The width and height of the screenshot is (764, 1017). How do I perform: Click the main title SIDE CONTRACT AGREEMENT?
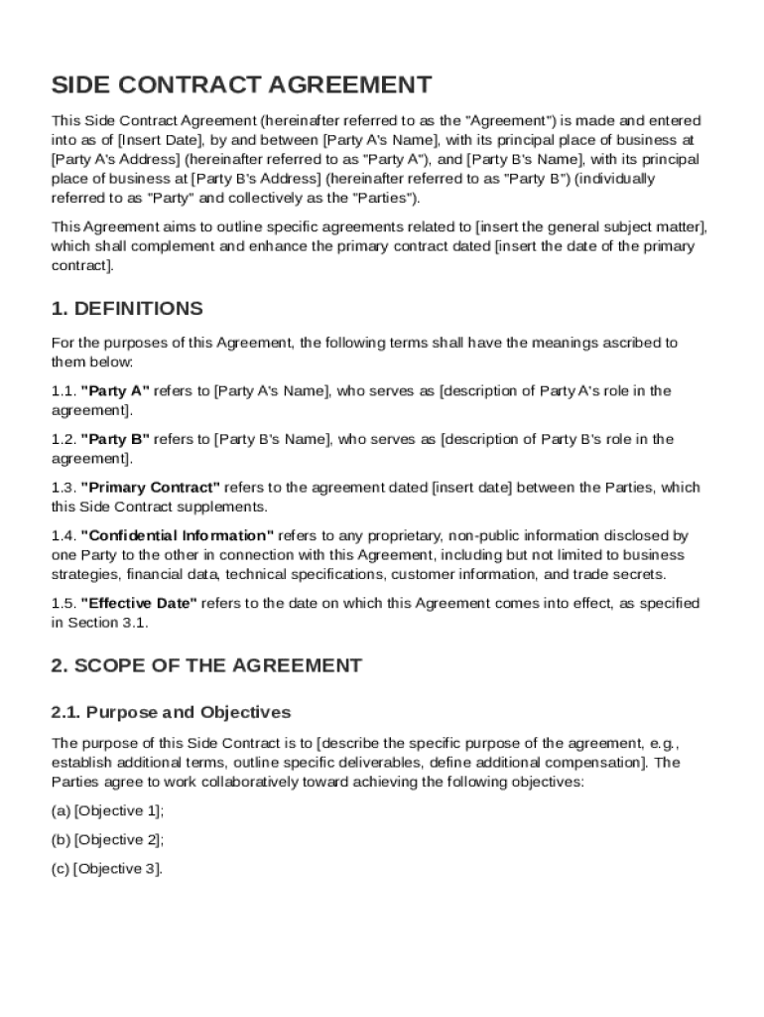click(x=242, y=84)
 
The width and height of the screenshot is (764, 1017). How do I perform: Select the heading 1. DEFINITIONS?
click(x=127, y=308)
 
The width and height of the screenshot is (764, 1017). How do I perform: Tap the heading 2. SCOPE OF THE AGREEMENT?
click(x=206, y=665)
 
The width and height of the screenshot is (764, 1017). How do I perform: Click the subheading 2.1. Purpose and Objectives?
click(x=171, y=712)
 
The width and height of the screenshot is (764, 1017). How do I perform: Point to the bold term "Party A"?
click(x=115, y=391)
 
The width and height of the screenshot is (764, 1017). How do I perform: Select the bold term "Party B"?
click(x=115, y=439)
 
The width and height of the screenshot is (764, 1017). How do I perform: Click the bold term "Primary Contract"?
click(x=150, y=488)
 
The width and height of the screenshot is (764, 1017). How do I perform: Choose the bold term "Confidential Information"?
click(x=177, y=535)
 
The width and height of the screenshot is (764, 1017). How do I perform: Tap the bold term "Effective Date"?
click(x=139, y=603)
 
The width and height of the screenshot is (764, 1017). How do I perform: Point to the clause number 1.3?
click(x=64, y=488)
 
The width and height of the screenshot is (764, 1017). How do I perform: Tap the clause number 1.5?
click(x=64, y=603)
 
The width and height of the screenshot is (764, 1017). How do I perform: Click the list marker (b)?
click(x=61, y=839)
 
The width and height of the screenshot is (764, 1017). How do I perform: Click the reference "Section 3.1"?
click(x=103, y=623)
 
